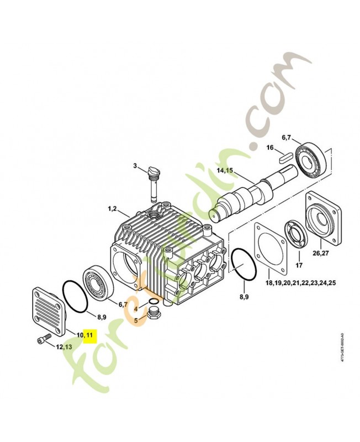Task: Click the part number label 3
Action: click(134, 165)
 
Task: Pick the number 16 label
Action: click(270, 148)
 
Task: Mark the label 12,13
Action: click(63, 346)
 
